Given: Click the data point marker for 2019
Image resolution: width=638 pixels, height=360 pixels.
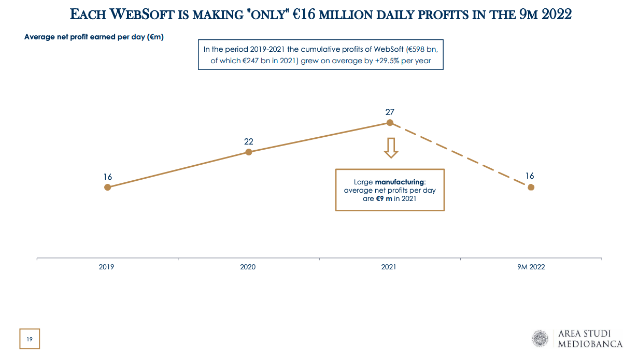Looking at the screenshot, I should tap(107, 187).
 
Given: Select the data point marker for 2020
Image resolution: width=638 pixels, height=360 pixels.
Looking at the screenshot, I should tap(248, 152).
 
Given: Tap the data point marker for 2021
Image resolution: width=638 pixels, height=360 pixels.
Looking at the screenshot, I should tap(390, 123).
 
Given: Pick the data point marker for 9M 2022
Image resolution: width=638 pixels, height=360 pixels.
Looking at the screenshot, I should tap(531, 187).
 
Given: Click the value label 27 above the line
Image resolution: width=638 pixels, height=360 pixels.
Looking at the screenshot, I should tap(390, 112).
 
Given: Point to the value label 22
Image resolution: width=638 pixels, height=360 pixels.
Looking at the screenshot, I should tap(248, 141).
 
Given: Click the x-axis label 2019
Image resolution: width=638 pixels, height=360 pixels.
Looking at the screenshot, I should tap(107, 267).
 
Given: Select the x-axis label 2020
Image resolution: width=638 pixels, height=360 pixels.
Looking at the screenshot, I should tap(248, 267).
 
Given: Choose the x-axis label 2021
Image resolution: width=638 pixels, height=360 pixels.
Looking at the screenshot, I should tap(389, 267).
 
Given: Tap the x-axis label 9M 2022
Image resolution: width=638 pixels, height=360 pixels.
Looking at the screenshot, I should tap(530, 267).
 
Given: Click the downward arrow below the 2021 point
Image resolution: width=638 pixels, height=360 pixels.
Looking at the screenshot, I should tap(390, 148).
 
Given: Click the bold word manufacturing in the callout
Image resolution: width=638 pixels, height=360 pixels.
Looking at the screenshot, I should tap(399, 182).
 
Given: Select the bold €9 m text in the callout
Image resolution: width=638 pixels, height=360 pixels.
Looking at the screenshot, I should tap(384, 198).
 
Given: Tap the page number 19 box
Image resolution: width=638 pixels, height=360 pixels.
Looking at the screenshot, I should tap(30, 339).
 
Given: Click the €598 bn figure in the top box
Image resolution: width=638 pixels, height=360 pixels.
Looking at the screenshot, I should tap(423, 49).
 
